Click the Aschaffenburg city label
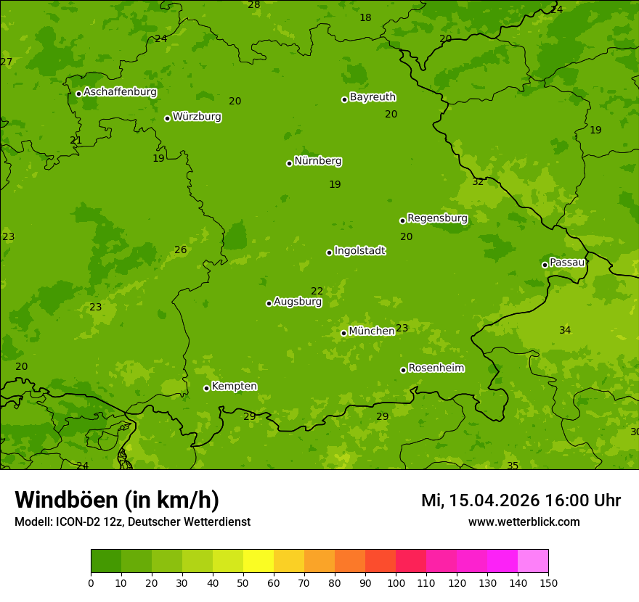click(x=120, y=92)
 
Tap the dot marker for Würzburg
click(x=167, y=118)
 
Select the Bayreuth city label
click(x=373, y=96)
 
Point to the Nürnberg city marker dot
click(x=289, y=163)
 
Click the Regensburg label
click(x=437, y=218)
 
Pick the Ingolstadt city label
click(x=359, y=250)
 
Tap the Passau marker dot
click(x=545, y=265)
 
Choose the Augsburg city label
click(x=298, y=301)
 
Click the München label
click(x=372, y=331)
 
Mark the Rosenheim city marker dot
click(x=403, y=370)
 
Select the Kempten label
click(x=234, y=386)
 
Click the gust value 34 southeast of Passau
click(x=565, y=330)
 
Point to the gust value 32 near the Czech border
click(x=478, y=181)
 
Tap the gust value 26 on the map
click(x=181, y=250)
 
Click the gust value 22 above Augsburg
click(x=317, y=291)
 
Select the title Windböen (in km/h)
click(x=117, y=500)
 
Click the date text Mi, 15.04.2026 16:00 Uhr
click(x=521, y=500)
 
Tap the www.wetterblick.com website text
click(x=524, y=521)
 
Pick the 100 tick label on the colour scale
click(x=396, y=582)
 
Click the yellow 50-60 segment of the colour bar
click(x=259, y=561)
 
